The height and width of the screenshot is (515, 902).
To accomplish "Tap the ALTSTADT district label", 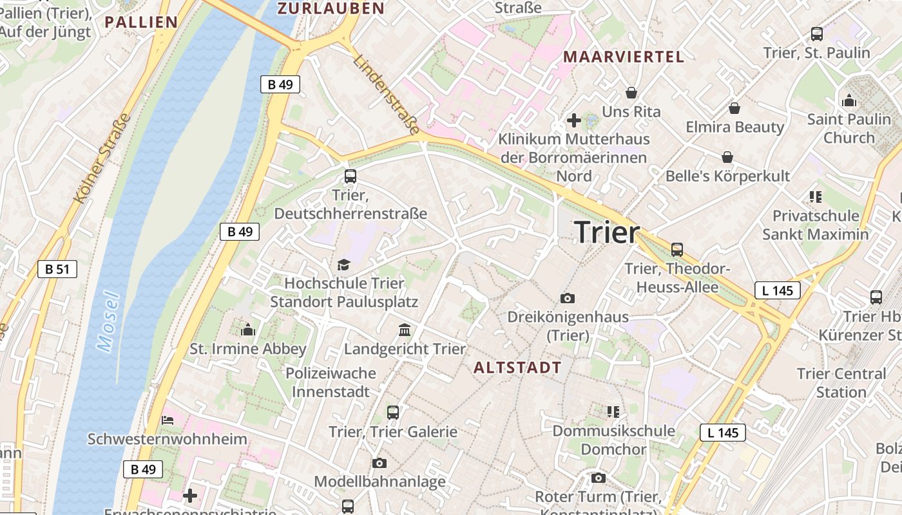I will pyautogui.click(x=517, y=368).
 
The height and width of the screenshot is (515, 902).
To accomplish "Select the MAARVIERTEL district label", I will pyautogui.click(x=624, y=57).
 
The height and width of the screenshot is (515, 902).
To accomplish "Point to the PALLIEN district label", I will pyautogui.click(x=141, y=22).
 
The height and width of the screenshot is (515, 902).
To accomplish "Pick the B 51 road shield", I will pyautogui.click(x=57, y=269).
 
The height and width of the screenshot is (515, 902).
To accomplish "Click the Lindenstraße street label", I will pyautogui.click(x=386, y=94).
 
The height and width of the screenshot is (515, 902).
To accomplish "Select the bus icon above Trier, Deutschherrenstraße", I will pyautogui.click(x=350, y=176).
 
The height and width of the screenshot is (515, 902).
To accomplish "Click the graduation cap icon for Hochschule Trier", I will pyautogui.click(x=343, y=265).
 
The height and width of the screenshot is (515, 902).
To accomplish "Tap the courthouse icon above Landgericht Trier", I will pyautogui.click(x=405, y=330).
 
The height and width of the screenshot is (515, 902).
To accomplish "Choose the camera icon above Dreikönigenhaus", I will pyautogui.click(x=568, y=298).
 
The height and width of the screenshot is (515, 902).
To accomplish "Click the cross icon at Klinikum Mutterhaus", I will pyautogui.click(x=573, y=120).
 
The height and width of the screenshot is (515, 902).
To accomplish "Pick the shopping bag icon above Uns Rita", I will pyautogui.click(x=631, y=93).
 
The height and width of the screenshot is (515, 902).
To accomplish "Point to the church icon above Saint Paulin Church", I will pyautogui.click(x=849, y=100).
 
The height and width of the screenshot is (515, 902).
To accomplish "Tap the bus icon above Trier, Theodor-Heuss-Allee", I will pyautogui.click(x=676, y=249).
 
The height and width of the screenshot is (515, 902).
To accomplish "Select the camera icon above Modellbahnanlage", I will pyautogui.click(x=379, y=463).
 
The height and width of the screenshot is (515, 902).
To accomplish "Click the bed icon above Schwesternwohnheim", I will pyautogui.click(x=167, y=420).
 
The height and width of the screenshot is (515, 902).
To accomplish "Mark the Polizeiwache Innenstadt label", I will pyautogui.click(x=331, y=382).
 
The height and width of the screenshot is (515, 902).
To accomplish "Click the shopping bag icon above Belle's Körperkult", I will pyautogui.click(x=727, y=157).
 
